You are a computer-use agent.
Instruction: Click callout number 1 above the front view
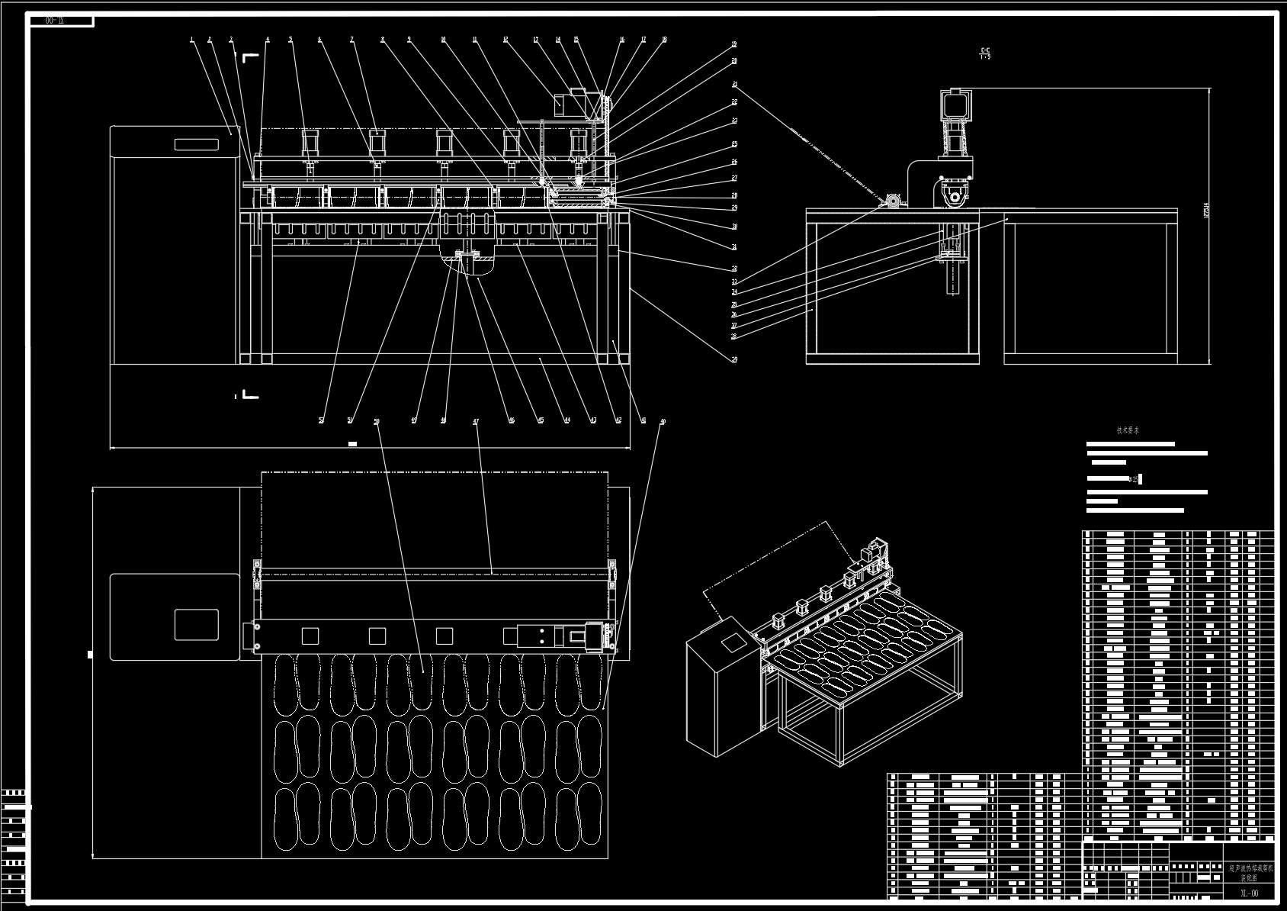pos(192,40)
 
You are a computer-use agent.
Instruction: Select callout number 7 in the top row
pos(351,40)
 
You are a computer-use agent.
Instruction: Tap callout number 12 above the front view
pos(505,40)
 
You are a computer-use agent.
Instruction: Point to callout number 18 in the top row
pos(665,40)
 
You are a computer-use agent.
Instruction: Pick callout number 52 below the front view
pos(321,420)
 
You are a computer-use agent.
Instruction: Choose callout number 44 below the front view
pos(566,420)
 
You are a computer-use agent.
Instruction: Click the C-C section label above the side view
pos(985,53)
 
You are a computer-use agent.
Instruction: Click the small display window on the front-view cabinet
pos(197,144)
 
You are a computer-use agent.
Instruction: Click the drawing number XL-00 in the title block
pos(1249,893)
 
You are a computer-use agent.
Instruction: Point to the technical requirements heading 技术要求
pos(1128,430)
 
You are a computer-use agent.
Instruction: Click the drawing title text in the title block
pos(1249,872)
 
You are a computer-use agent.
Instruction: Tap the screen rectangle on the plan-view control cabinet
pos(196,624)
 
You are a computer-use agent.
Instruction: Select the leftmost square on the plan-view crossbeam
pos(310,636)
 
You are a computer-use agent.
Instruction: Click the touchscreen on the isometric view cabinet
pos(733,642)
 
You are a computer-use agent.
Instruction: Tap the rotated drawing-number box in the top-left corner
pos(62,21)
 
